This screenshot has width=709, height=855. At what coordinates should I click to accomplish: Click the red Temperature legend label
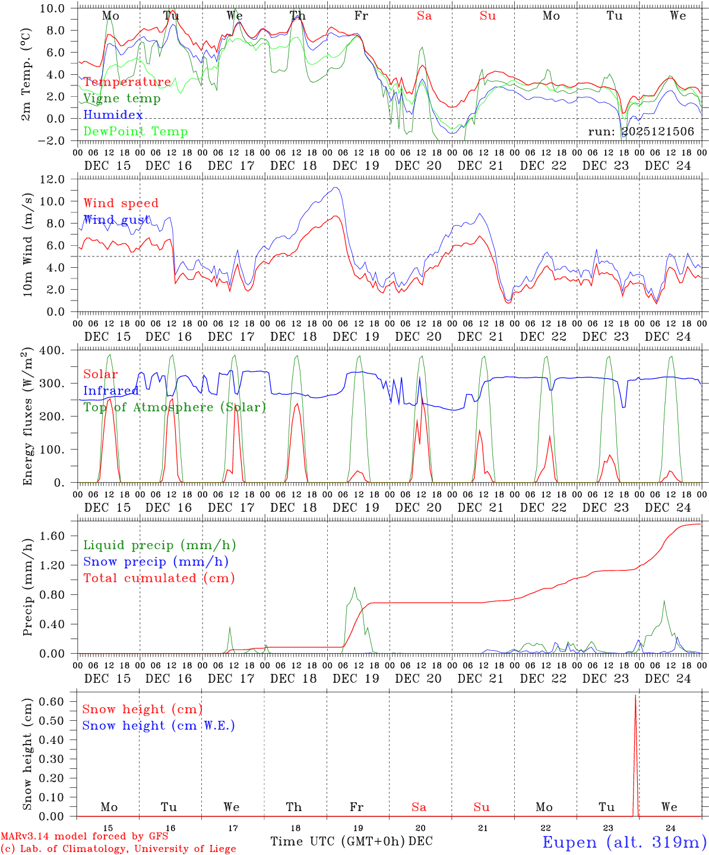coord(127,82)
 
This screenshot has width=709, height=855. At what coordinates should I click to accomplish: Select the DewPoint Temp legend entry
coord(135,132)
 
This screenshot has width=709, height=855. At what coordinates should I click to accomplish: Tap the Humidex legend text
coord(113,115)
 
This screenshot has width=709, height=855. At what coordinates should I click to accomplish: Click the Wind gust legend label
coord(116,220)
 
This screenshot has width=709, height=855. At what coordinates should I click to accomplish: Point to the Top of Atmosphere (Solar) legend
coord(174,407)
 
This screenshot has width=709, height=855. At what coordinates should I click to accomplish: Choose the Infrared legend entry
coord(111,391)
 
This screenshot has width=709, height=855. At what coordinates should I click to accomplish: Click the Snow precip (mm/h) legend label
coord(156,562)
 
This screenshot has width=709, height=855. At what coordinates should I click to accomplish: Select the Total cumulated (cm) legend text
coord(159,578)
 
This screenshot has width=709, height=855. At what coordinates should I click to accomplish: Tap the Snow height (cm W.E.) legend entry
coord(158,726)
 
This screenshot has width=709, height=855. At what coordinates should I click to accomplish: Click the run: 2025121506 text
coord(641,132)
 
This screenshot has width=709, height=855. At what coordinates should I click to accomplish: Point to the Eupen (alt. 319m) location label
coord(624,842)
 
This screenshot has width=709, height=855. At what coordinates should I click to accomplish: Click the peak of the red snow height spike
coord(635,695)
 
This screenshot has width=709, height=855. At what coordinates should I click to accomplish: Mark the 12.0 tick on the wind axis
coord(52,179)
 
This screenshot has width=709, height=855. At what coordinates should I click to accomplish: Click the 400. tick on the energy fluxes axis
coord(52,350)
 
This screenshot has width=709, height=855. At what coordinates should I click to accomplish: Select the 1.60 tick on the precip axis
coord(53,536)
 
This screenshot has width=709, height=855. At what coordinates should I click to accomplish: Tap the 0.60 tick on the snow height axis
coord(53,701)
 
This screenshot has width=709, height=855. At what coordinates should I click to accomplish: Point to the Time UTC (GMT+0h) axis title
coord(337,841)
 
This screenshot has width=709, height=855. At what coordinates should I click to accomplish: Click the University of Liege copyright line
coord(118,848)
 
